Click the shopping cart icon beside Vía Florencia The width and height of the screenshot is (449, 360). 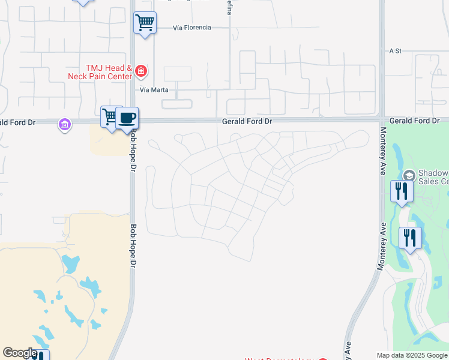coord(145,23)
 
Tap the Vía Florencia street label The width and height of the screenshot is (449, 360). coord(191,28)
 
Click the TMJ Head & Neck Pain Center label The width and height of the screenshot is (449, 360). coord(109,72)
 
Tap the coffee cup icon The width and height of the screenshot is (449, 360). coord(127,118)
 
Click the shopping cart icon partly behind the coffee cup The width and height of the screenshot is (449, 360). coord(109,116)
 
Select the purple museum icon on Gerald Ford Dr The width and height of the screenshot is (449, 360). coord(64,125)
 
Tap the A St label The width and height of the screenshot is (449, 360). coord(394,51)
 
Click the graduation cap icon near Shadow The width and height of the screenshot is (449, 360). coord(409,175)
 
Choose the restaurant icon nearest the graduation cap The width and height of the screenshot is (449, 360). coord(402,191)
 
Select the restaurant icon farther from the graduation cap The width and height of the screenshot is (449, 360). coord(411,238)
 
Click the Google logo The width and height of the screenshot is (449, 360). coord(20,353)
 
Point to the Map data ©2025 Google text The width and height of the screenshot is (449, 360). coord(412,355)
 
